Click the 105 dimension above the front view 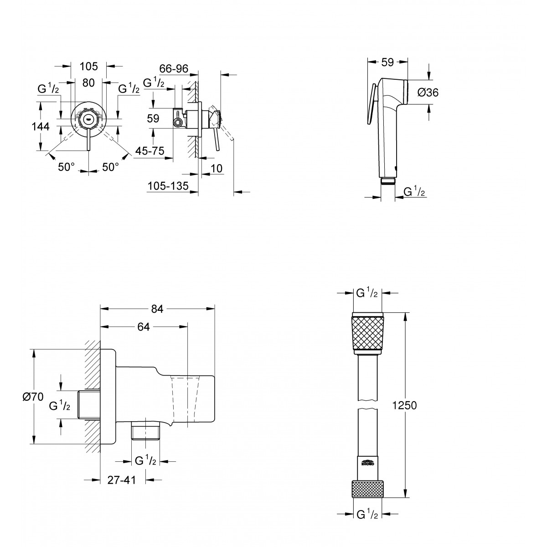click(88, 67)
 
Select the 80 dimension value click(88, 83)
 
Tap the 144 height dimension click(41, 127)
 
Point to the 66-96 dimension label click(174, 69)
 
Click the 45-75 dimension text click(150, 151)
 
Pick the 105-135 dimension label click(168, 186)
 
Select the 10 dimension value click(217, 168)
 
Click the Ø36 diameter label click(428, 92)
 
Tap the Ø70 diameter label click(33, 397)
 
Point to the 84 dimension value click(157, 309)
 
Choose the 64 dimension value click(144, 327)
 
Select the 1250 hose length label click(404, 406)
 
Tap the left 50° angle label click(67, 167)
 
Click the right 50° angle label click(110, 167)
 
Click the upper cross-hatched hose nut click(367, 333)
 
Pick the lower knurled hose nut click(367, 489)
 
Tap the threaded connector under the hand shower click(387, 181)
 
